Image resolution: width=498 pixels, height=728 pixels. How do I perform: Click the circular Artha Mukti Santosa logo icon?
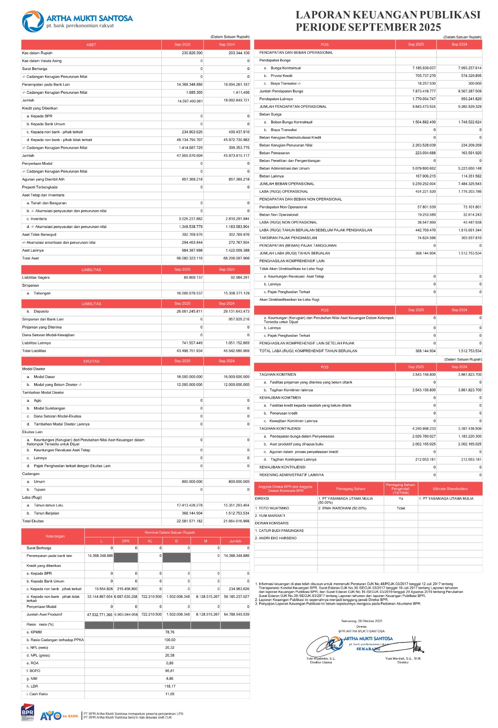33,21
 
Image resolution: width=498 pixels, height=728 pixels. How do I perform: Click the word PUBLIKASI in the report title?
443,15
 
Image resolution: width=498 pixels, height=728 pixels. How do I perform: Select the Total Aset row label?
31,258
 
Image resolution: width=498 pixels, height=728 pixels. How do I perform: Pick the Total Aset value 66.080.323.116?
190,258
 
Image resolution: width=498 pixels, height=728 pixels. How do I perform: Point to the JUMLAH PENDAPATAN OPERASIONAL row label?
293,107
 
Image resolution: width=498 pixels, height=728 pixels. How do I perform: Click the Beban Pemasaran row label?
274,153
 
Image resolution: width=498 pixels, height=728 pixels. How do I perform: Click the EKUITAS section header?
91,361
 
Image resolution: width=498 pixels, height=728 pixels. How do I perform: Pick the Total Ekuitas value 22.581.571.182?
190,521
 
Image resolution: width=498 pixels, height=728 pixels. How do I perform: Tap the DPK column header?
126,541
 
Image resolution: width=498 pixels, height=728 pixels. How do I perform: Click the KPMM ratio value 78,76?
169,632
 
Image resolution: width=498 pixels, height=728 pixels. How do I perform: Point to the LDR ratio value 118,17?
169,687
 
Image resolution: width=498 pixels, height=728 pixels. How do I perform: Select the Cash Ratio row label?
37,694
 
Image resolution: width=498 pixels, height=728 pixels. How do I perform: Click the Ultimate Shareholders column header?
450,489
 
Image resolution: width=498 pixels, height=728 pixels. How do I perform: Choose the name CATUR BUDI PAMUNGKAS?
279,531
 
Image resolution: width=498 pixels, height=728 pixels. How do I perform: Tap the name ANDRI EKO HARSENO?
275,538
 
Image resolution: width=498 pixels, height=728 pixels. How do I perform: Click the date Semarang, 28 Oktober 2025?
361,621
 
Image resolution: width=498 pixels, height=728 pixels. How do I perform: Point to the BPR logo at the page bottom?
27,713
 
